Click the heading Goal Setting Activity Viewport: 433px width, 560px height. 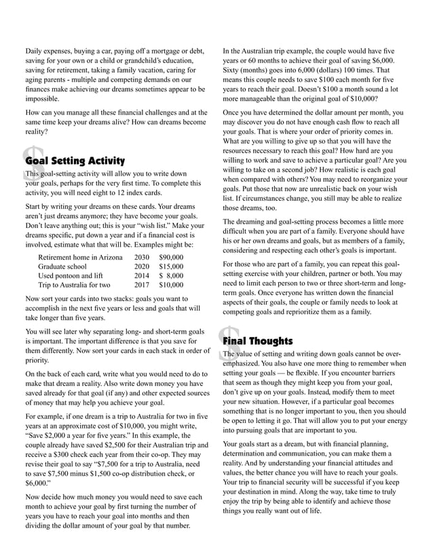[x=75, y=161]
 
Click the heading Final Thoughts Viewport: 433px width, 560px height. [x=258, y=341]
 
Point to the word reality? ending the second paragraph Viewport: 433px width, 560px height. [x=37, y=133]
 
